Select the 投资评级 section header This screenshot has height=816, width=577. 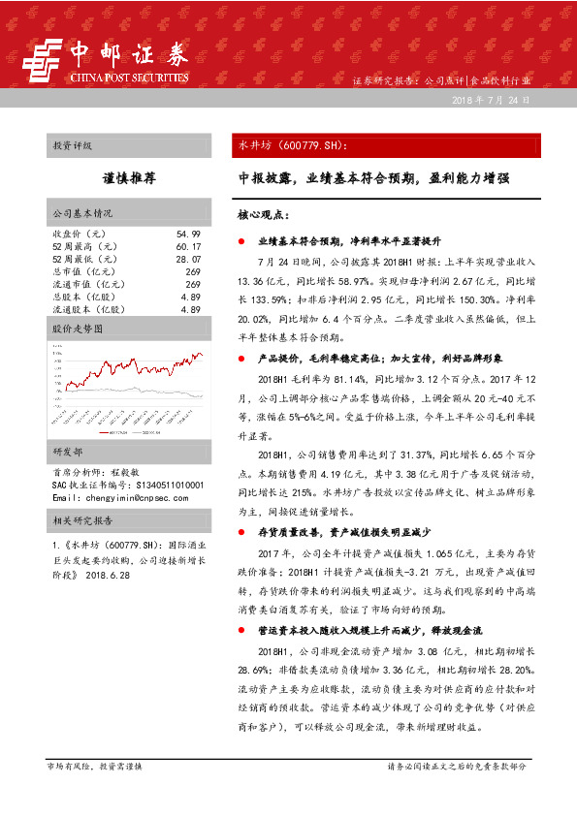coord(73,145)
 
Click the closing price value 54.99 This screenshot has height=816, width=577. coord(188,235)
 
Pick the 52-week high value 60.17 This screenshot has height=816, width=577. coord(188,247)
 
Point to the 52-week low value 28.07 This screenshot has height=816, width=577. coord(188,260)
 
